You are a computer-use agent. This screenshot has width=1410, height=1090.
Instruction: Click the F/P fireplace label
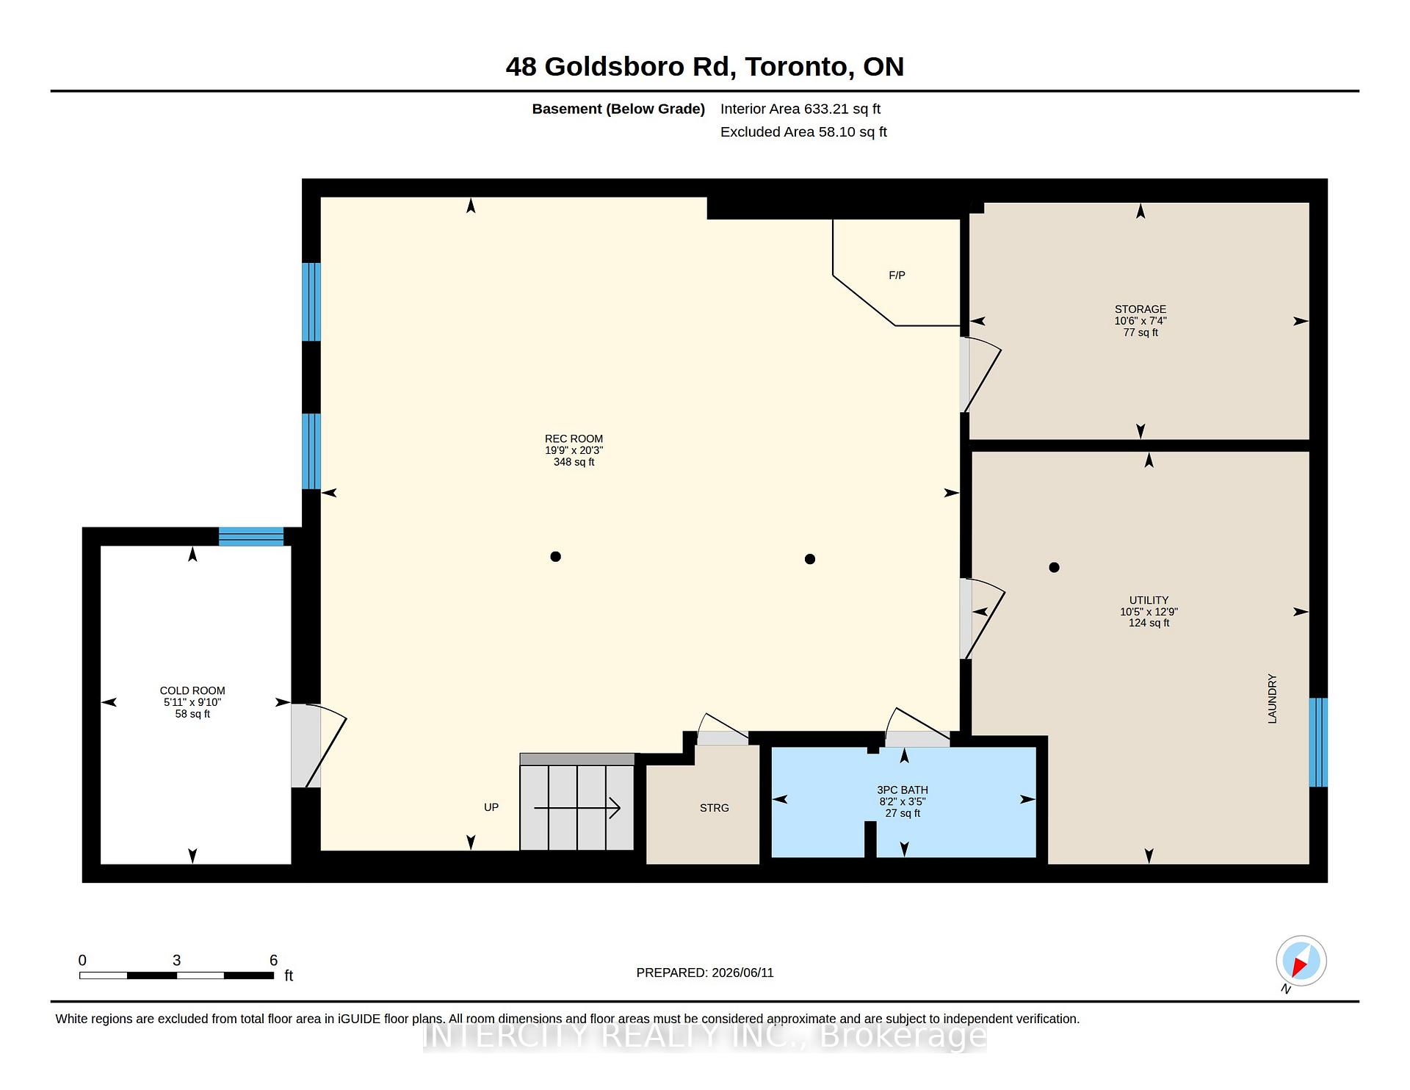(x=897, y=275)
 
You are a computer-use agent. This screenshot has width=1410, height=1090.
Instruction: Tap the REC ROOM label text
(x=574, y=438)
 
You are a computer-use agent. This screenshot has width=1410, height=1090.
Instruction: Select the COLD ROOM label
(x=192, y=690)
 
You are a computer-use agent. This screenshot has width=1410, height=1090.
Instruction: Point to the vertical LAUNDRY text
(x=1272, y=699)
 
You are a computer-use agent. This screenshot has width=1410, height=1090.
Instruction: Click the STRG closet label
(x=714, y=808)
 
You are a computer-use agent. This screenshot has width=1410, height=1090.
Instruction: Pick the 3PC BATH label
(x=903, y=790)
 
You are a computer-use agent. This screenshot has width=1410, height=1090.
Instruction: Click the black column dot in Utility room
(x=1054, y=567)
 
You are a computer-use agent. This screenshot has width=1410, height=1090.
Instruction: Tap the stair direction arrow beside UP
(x=577, y=808)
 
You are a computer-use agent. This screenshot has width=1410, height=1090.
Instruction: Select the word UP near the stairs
(x=491, y=807)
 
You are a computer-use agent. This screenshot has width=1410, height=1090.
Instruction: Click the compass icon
(x=1301, y=961)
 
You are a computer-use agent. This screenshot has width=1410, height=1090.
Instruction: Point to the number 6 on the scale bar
(x=273, y=960)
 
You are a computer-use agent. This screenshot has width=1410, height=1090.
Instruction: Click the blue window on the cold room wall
(x=251, y=536)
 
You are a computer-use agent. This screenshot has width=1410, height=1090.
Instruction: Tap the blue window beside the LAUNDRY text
(x=1318, y=742)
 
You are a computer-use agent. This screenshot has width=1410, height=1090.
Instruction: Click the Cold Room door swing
(x=319, y=746)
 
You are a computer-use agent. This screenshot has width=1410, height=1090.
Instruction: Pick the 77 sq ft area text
(x=1140, y=333)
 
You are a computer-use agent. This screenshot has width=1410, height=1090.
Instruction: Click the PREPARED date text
(x=705, y=972)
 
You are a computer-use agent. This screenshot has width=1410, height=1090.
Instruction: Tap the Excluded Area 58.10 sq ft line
(x=803, y=132)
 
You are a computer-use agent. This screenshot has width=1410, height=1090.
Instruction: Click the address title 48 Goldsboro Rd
(x=621, y=67)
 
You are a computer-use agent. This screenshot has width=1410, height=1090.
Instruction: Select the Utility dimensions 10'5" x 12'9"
(x=1149, y=612)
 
